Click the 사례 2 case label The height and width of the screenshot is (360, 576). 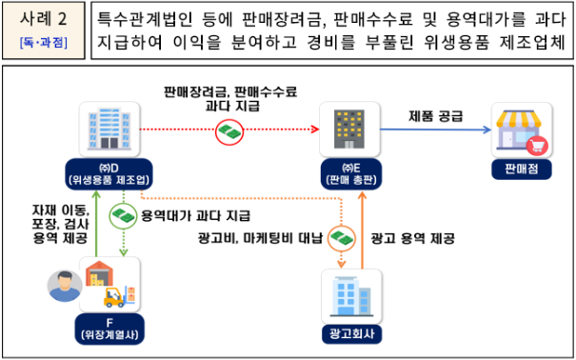point(42,20)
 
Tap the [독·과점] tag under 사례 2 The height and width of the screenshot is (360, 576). point(42,43)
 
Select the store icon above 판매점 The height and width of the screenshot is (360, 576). point(521,130)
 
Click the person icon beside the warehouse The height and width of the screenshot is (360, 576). point(61,283)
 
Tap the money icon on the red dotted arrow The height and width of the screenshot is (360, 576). point(228,131)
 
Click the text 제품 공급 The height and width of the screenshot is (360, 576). point(436,116)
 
